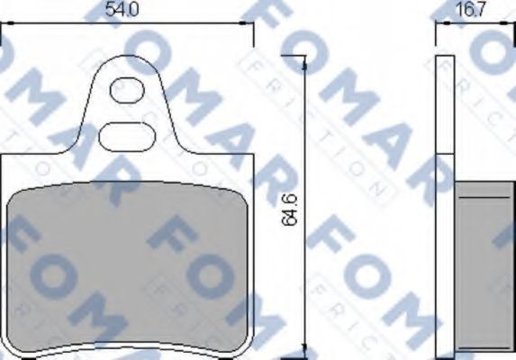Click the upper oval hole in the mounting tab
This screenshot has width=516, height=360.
[126, 90]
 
